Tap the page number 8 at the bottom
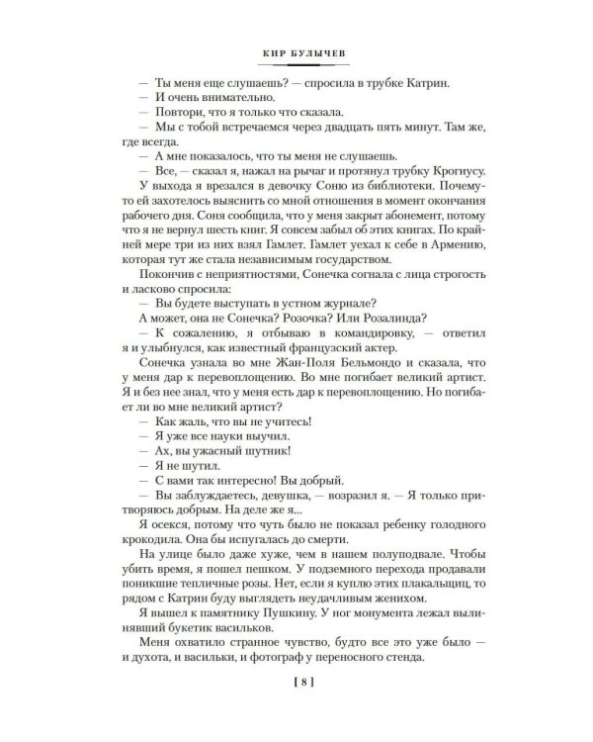296,706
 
